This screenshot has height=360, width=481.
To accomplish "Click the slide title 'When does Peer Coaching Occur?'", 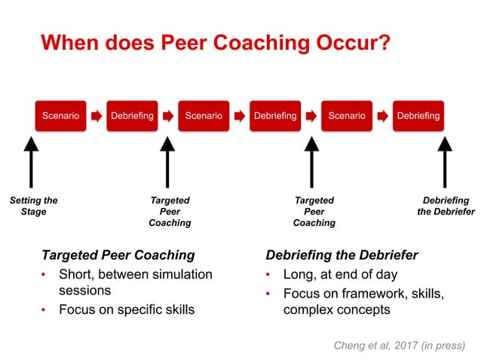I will point(215,42).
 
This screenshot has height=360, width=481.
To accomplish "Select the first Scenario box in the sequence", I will point(60,116).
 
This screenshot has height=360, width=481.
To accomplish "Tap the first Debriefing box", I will point(132,116).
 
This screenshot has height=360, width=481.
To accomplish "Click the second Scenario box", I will point(204,116).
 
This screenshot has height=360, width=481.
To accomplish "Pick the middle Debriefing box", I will point(275,116).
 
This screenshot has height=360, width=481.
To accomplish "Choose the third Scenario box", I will point(347,116).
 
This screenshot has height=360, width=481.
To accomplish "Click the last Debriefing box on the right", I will point(418,116).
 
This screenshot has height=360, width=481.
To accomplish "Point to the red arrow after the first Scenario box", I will point(97,117).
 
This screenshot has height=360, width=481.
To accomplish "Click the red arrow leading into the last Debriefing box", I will point(382,117).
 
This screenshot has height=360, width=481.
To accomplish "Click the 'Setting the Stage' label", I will point(33,206).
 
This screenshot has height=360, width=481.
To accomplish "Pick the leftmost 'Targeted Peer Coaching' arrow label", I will point(170,212).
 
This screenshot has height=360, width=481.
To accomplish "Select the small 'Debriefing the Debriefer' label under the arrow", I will point(446,206).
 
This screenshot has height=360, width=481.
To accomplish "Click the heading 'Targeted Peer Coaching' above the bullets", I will point(118,255).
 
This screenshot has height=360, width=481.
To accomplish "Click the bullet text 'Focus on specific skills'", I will point(127,310).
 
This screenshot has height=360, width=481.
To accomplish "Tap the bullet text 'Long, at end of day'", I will point(340,274).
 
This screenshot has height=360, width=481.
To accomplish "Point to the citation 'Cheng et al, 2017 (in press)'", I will point(399,345).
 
